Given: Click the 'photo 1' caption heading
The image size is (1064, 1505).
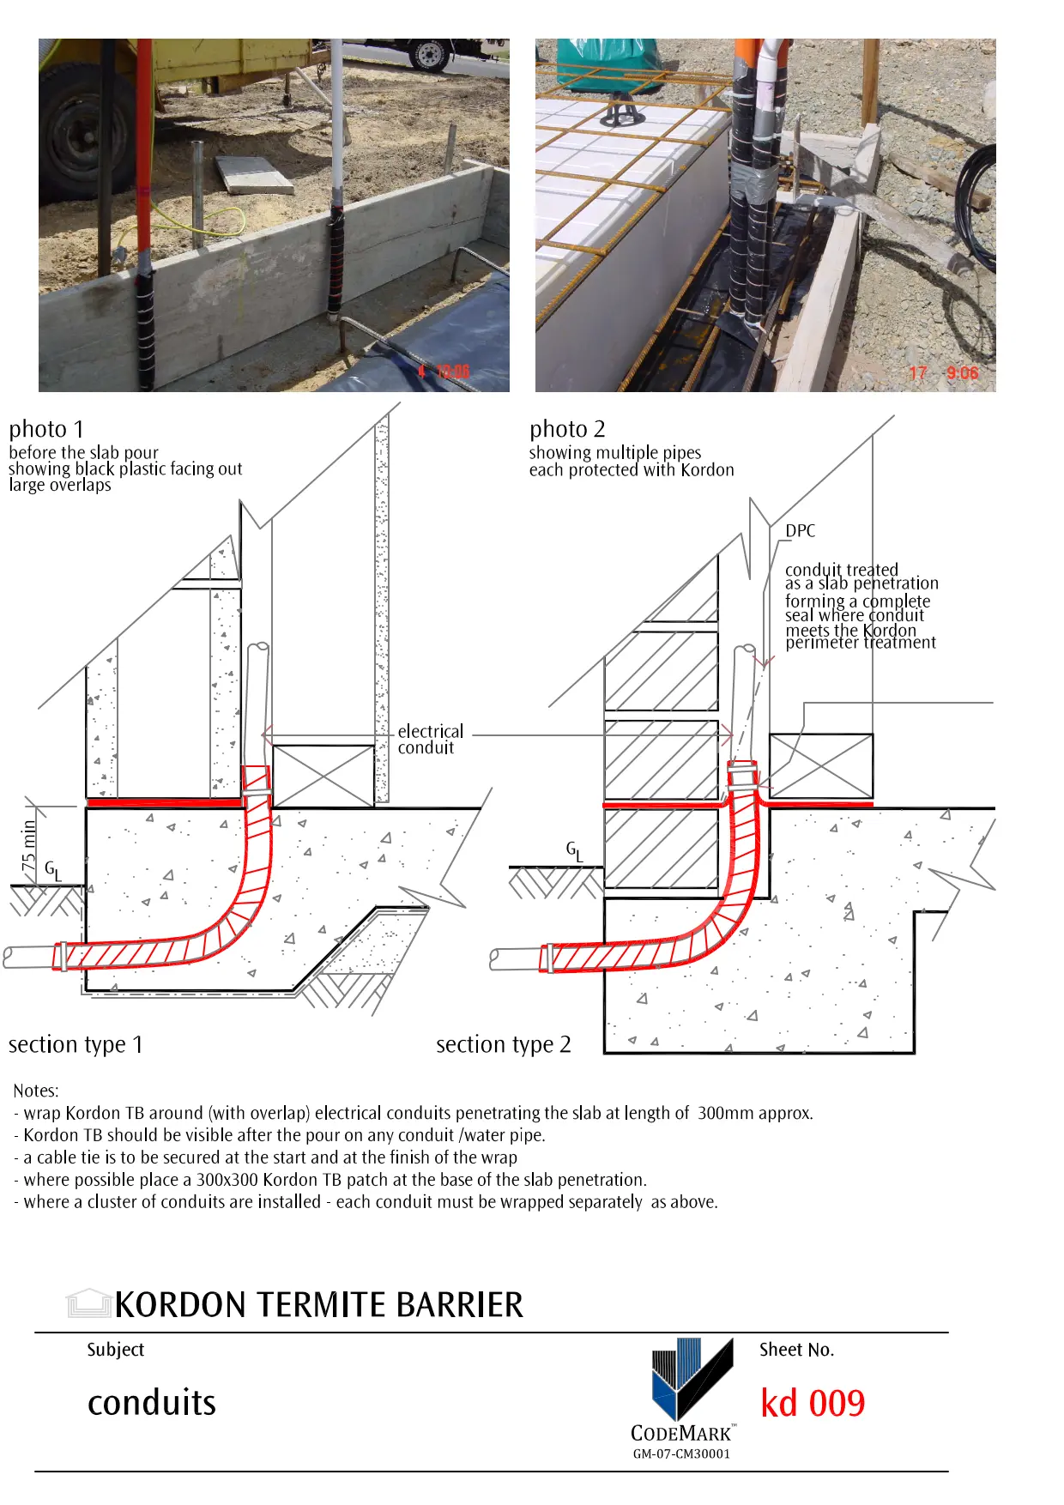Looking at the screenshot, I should (46, 429).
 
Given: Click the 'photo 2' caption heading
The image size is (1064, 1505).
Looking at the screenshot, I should (567, 429).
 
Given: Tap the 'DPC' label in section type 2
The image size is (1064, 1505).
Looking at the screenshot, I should (800, 531).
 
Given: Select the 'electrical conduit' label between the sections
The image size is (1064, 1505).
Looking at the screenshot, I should (430, 740).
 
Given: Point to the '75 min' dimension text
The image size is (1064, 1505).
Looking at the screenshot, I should (29, 845).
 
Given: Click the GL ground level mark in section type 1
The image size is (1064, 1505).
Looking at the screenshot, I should (53, 871).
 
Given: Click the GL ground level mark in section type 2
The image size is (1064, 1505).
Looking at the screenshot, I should (574, 850).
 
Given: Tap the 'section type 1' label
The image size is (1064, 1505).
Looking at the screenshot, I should (76, 1044).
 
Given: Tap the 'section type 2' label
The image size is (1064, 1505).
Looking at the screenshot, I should (503, 1044).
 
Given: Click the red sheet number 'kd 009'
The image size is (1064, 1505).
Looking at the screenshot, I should (813, 1404).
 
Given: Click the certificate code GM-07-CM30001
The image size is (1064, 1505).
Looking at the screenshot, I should (681, 1454).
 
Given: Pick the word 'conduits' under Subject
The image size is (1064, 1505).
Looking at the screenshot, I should (152, 1403).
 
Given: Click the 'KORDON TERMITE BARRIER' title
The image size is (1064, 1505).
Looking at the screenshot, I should (318, 1305).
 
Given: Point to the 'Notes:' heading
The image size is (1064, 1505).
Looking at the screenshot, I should (36, 1091).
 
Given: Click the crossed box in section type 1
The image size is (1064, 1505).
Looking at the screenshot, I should (323, 776).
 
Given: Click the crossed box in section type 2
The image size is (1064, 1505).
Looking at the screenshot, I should (820, 765).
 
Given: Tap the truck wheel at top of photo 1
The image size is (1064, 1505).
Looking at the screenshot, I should (426, 53).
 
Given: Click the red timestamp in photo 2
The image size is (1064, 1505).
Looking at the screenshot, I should (943, 373).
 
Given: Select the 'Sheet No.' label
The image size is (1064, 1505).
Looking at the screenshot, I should (796, 1350).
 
